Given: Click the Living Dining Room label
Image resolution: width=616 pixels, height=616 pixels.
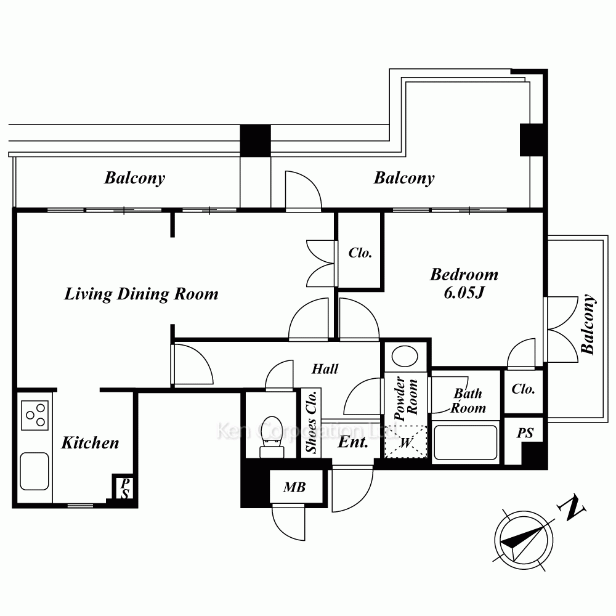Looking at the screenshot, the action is (x=142, y=294).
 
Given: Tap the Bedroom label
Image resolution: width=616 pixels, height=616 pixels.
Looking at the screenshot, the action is (x=464, y=275).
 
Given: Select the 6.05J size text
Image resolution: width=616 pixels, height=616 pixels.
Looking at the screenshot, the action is (x=464, y=293).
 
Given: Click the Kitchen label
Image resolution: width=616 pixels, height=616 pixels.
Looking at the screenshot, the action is (x=90, y=443).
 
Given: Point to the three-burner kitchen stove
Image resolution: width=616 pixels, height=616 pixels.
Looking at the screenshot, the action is (x=34, y=415).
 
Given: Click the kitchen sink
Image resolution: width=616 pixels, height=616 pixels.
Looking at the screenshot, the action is (x=34, y=471).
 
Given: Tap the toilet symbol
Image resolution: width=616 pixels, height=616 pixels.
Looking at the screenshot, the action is (x=272, y=437).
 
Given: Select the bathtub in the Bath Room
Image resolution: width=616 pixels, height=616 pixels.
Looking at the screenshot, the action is (x=466, y=442).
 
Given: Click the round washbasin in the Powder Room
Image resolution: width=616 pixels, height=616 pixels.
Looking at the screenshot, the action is (x=405, y=356).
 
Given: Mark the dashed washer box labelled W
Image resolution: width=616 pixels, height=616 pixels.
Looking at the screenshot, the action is (x=405, y=442).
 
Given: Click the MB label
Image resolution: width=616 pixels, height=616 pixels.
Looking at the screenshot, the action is (x=294, y=487).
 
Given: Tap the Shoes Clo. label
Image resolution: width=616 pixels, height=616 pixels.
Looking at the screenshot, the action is (x=311, y=421).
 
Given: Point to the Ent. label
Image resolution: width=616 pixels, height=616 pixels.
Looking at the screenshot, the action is (x=353, y=442).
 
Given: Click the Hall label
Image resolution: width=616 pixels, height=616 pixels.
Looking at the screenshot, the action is (x=325, y=369).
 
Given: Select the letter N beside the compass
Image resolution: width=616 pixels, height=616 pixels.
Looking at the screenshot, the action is (x=571, y=508).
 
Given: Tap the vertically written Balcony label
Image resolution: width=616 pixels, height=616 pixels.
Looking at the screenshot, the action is (x=588, y=325).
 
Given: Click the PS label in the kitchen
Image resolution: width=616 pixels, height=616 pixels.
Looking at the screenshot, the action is (x=125, y=488).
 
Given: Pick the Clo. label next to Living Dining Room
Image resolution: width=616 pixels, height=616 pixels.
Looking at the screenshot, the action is (x=360, y=253).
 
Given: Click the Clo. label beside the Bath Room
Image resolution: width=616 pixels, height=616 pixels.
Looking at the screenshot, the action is (x=523, y=389).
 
